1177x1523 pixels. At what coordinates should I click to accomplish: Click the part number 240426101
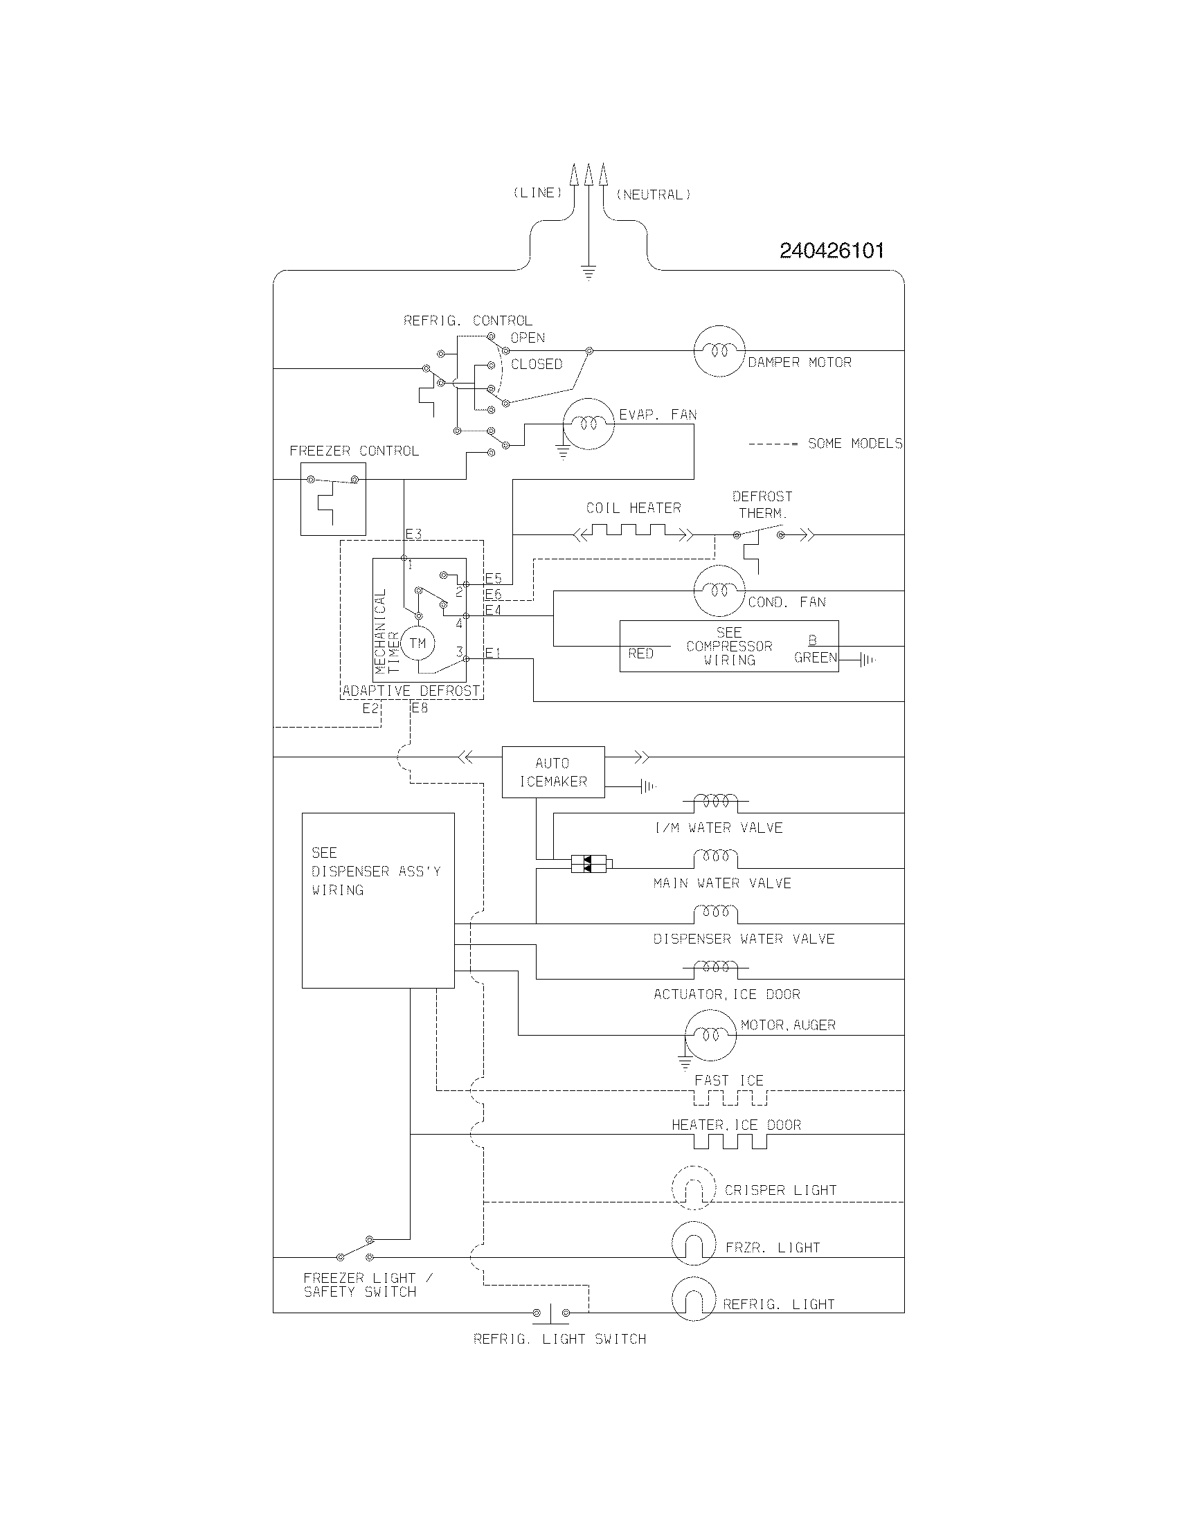pyautogui.click(x=831, y=251)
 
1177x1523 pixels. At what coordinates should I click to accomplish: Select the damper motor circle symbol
pyautogui.click(x=719, y=351)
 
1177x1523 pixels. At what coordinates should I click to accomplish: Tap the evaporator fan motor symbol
pyautogui.click(x=588, y=423)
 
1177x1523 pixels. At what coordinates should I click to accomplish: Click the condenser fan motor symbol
pyautogui.click(x=719, y=591)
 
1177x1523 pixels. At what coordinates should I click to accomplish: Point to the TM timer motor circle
pyautogui.click(x=417, y=643)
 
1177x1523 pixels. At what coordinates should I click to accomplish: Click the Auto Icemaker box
pyautogui.click(x=553, y=772)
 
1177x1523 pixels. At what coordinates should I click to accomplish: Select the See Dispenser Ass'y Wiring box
pyautogui.click(x=378, y=900)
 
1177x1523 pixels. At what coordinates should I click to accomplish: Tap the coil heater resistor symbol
pyautogui.click(x=632, y=534)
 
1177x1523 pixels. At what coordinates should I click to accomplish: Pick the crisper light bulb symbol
pyautogui.click(x=694, y=1187)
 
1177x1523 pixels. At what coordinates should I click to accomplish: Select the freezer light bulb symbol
pyautogui.click(x=694, y=1244)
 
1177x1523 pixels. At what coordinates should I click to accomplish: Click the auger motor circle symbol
pyautogui.click(x=710, y=1035)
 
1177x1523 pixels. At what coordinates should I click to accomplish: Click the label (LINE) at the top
pyautogui.click(x=537, y=193)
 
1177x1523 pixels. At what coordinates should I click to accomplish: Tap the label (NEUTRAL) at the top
pyautogui.click(x=653, y=195)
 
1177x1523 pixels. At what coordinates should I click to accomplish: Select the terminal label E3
pyautogui.click(x=413, y=534)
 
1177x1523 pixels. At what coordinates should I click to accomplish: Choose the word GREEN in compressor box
pyautogui.click(x=815, y=658)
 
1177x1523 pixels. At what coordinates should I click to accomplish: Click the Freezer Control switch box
pyautogui.click(x=332, y=498)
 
